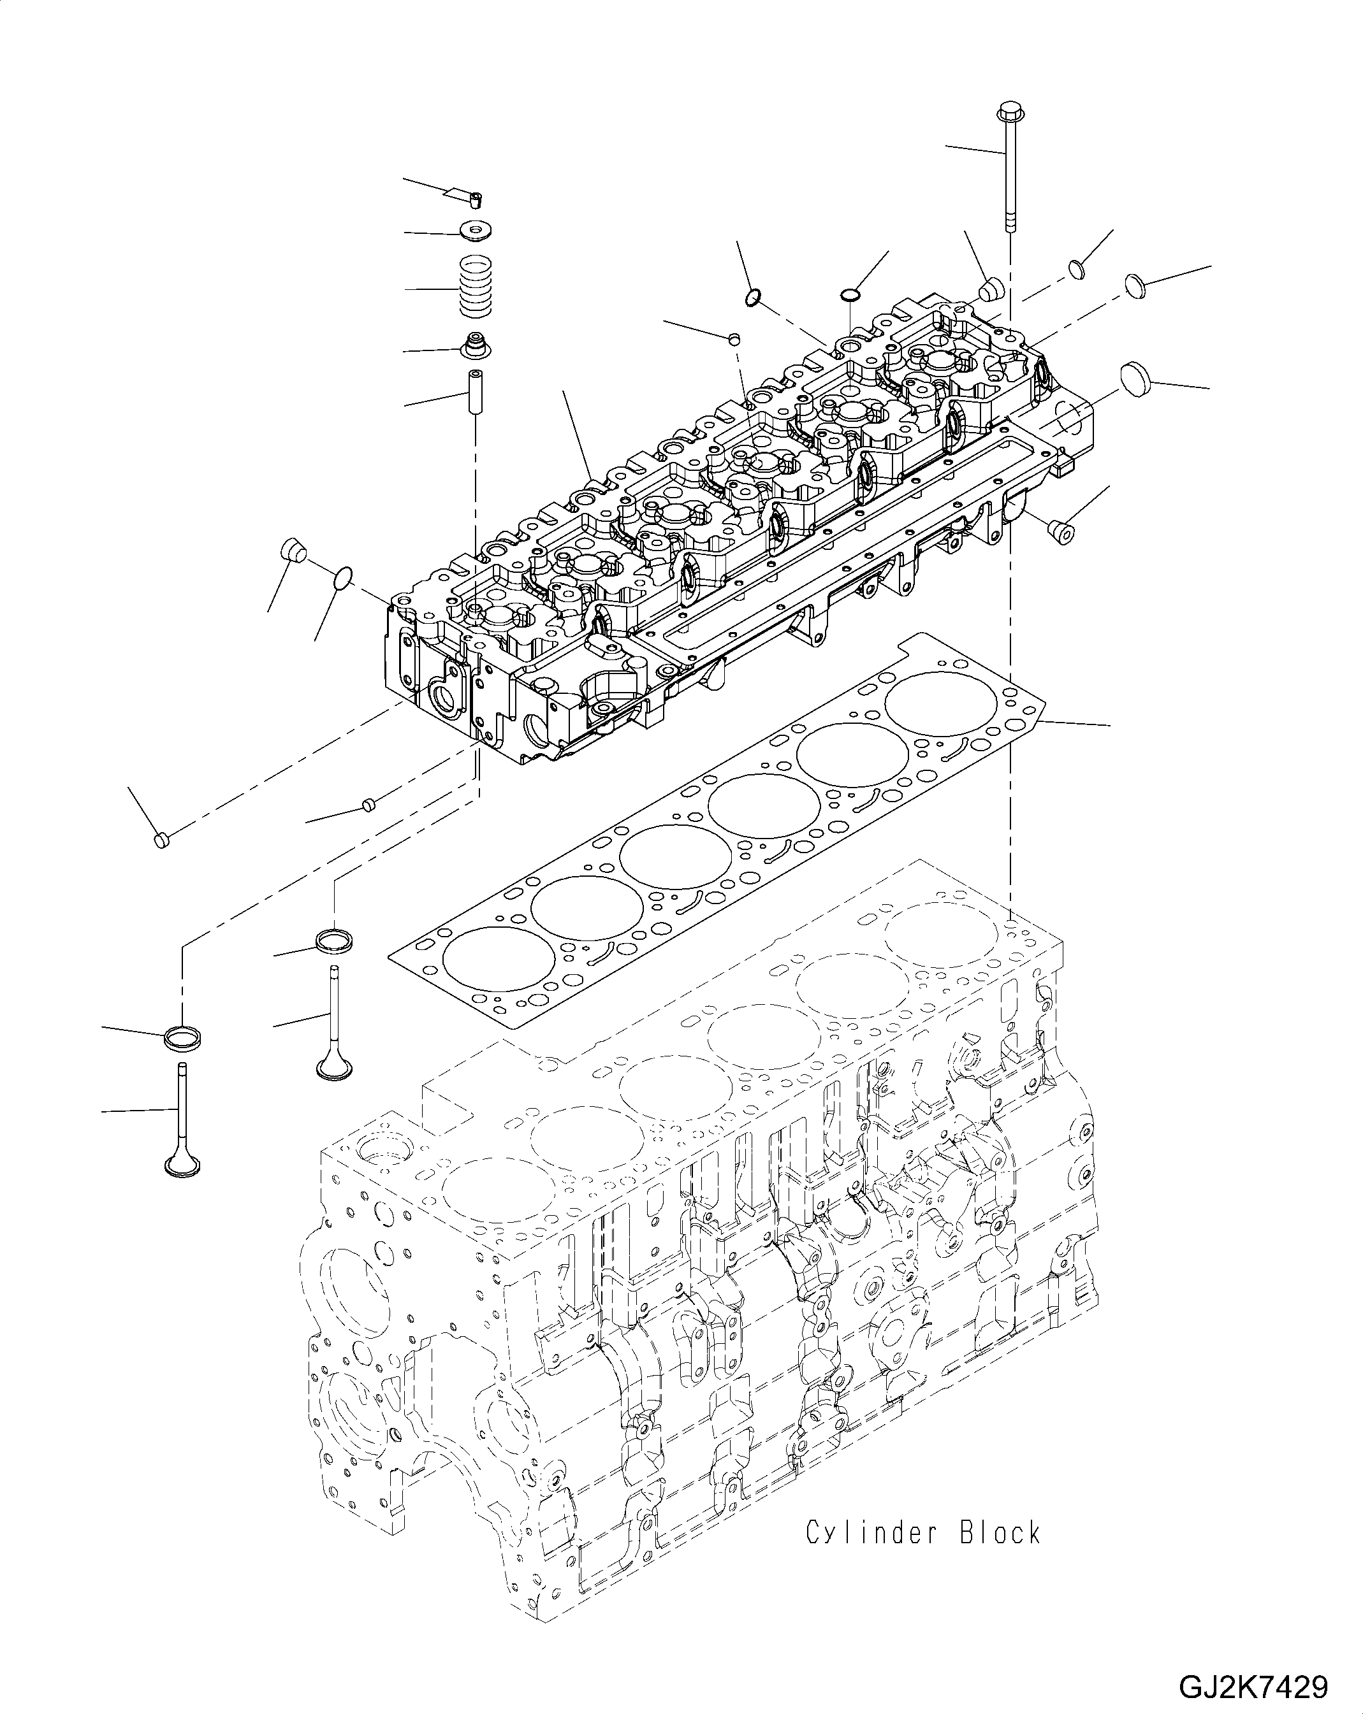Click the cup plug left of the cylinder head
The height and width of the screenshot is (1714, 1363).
293,549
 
